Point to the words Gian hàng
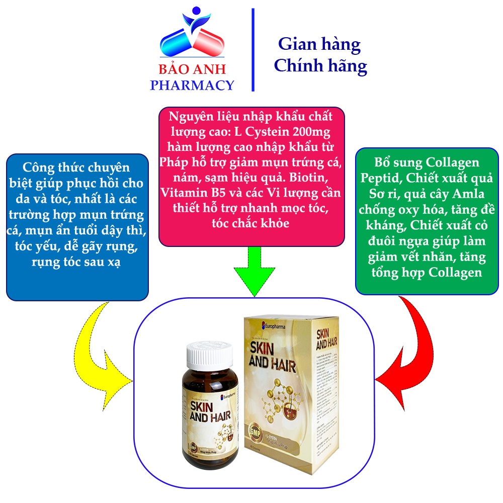(x=319, y=45)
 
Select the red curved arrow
(x=402, y=347)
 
